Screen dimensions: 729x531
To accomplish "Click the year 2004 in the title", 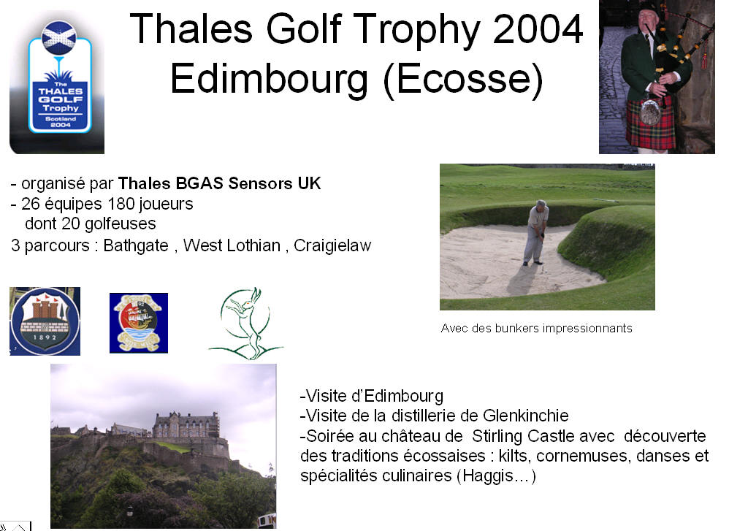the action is [538, 29].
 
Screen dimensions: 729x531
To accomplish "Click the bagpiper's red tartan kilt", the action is [650, 122].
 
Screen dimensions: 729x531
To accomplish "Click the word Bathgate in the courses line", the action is [136, 245].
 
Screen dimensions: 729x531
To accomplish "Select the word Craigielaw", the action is [332, 245].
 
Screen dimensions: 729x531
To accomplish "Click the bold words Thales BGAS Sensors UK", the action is [219, 183].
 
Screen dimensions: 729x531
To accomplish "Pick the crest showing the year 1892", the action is [45, 321].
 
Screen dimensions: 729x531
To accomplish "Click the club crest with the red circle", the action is [139, 323].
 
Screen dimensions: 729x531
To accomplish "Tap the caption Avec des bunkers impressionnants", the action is [536, 328].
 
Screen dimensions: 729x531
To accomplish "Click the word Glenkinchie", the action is [526, 415].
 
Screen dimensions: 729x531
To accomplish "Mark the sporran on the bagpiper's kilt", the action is [649, 111].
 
